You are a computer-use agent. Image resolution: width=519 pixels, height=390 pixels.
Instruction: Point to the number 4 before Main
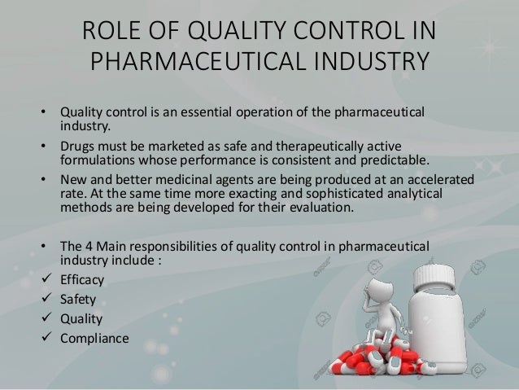[x=89, y=244]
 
